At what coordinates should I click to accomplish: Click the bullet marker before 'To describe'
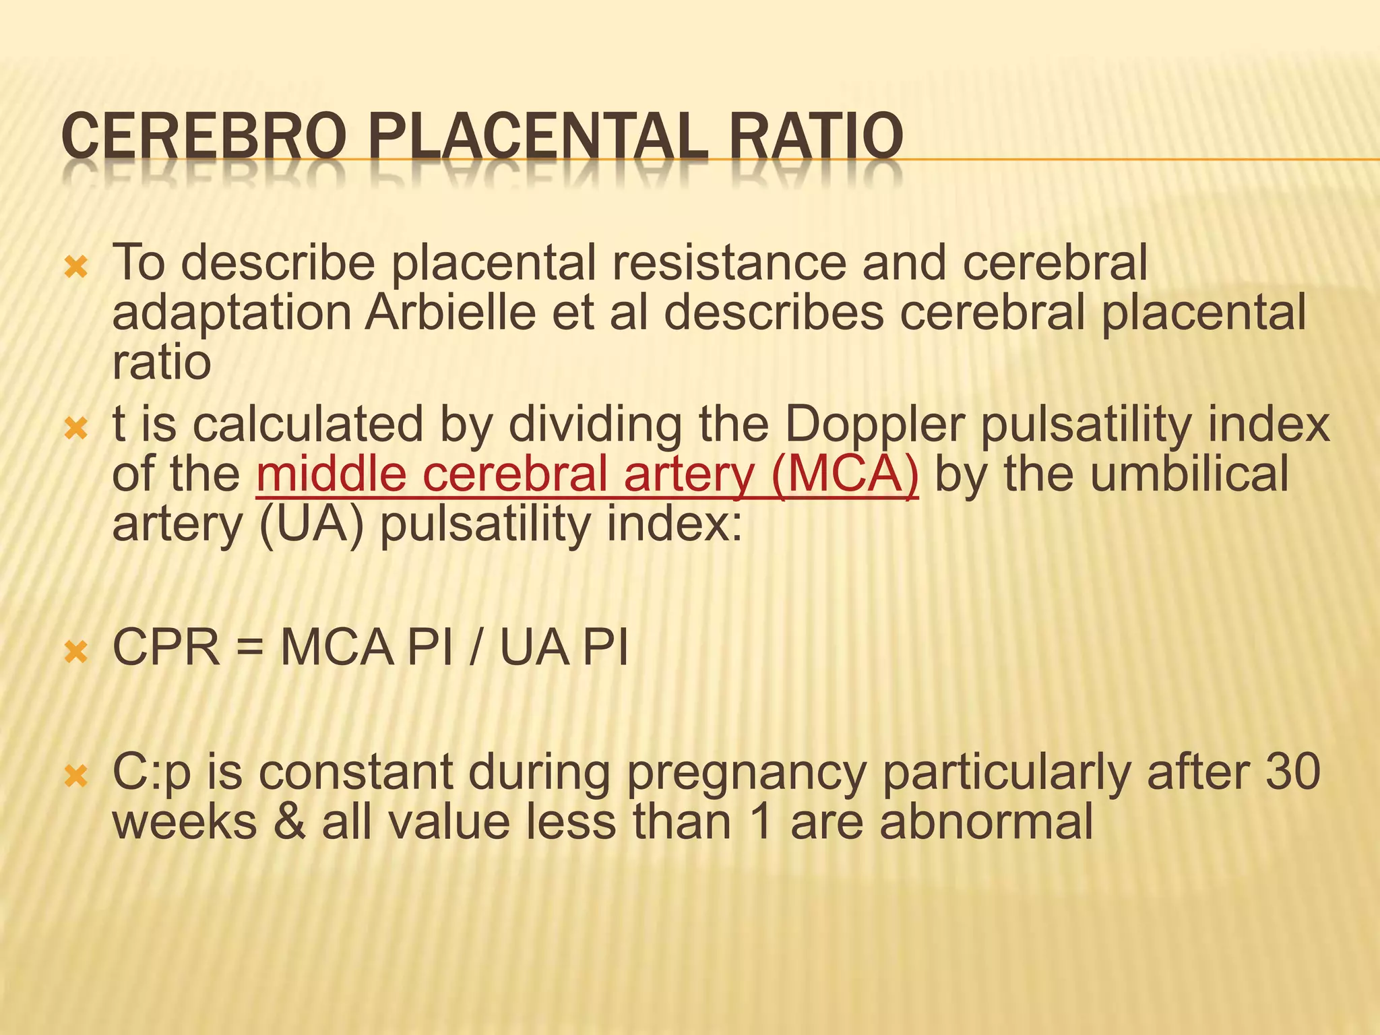tap(75, 268)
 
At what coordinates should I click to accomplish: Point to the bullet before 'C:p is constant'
tap(75, 777)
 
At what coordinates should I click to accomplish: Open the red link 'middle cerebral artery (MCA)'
tap(587, 474)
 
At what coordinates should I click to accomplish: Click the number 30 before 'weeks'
tap(1292, 773)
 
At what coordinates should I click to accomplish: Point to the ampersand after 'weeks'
tap(290, 823)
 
